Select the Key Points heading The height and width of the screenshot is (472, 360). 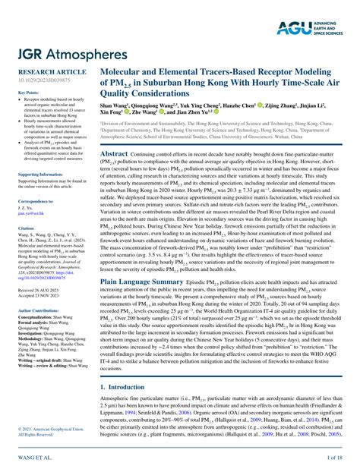pyautogui.click(x=28, y=92)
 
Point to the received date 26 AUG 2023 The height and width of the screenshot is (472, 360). pyautogui.click(x=36, y=290)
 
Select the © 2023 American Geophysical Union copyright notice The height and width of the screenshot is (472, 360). pyautogui.click(x=43, y=430)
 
